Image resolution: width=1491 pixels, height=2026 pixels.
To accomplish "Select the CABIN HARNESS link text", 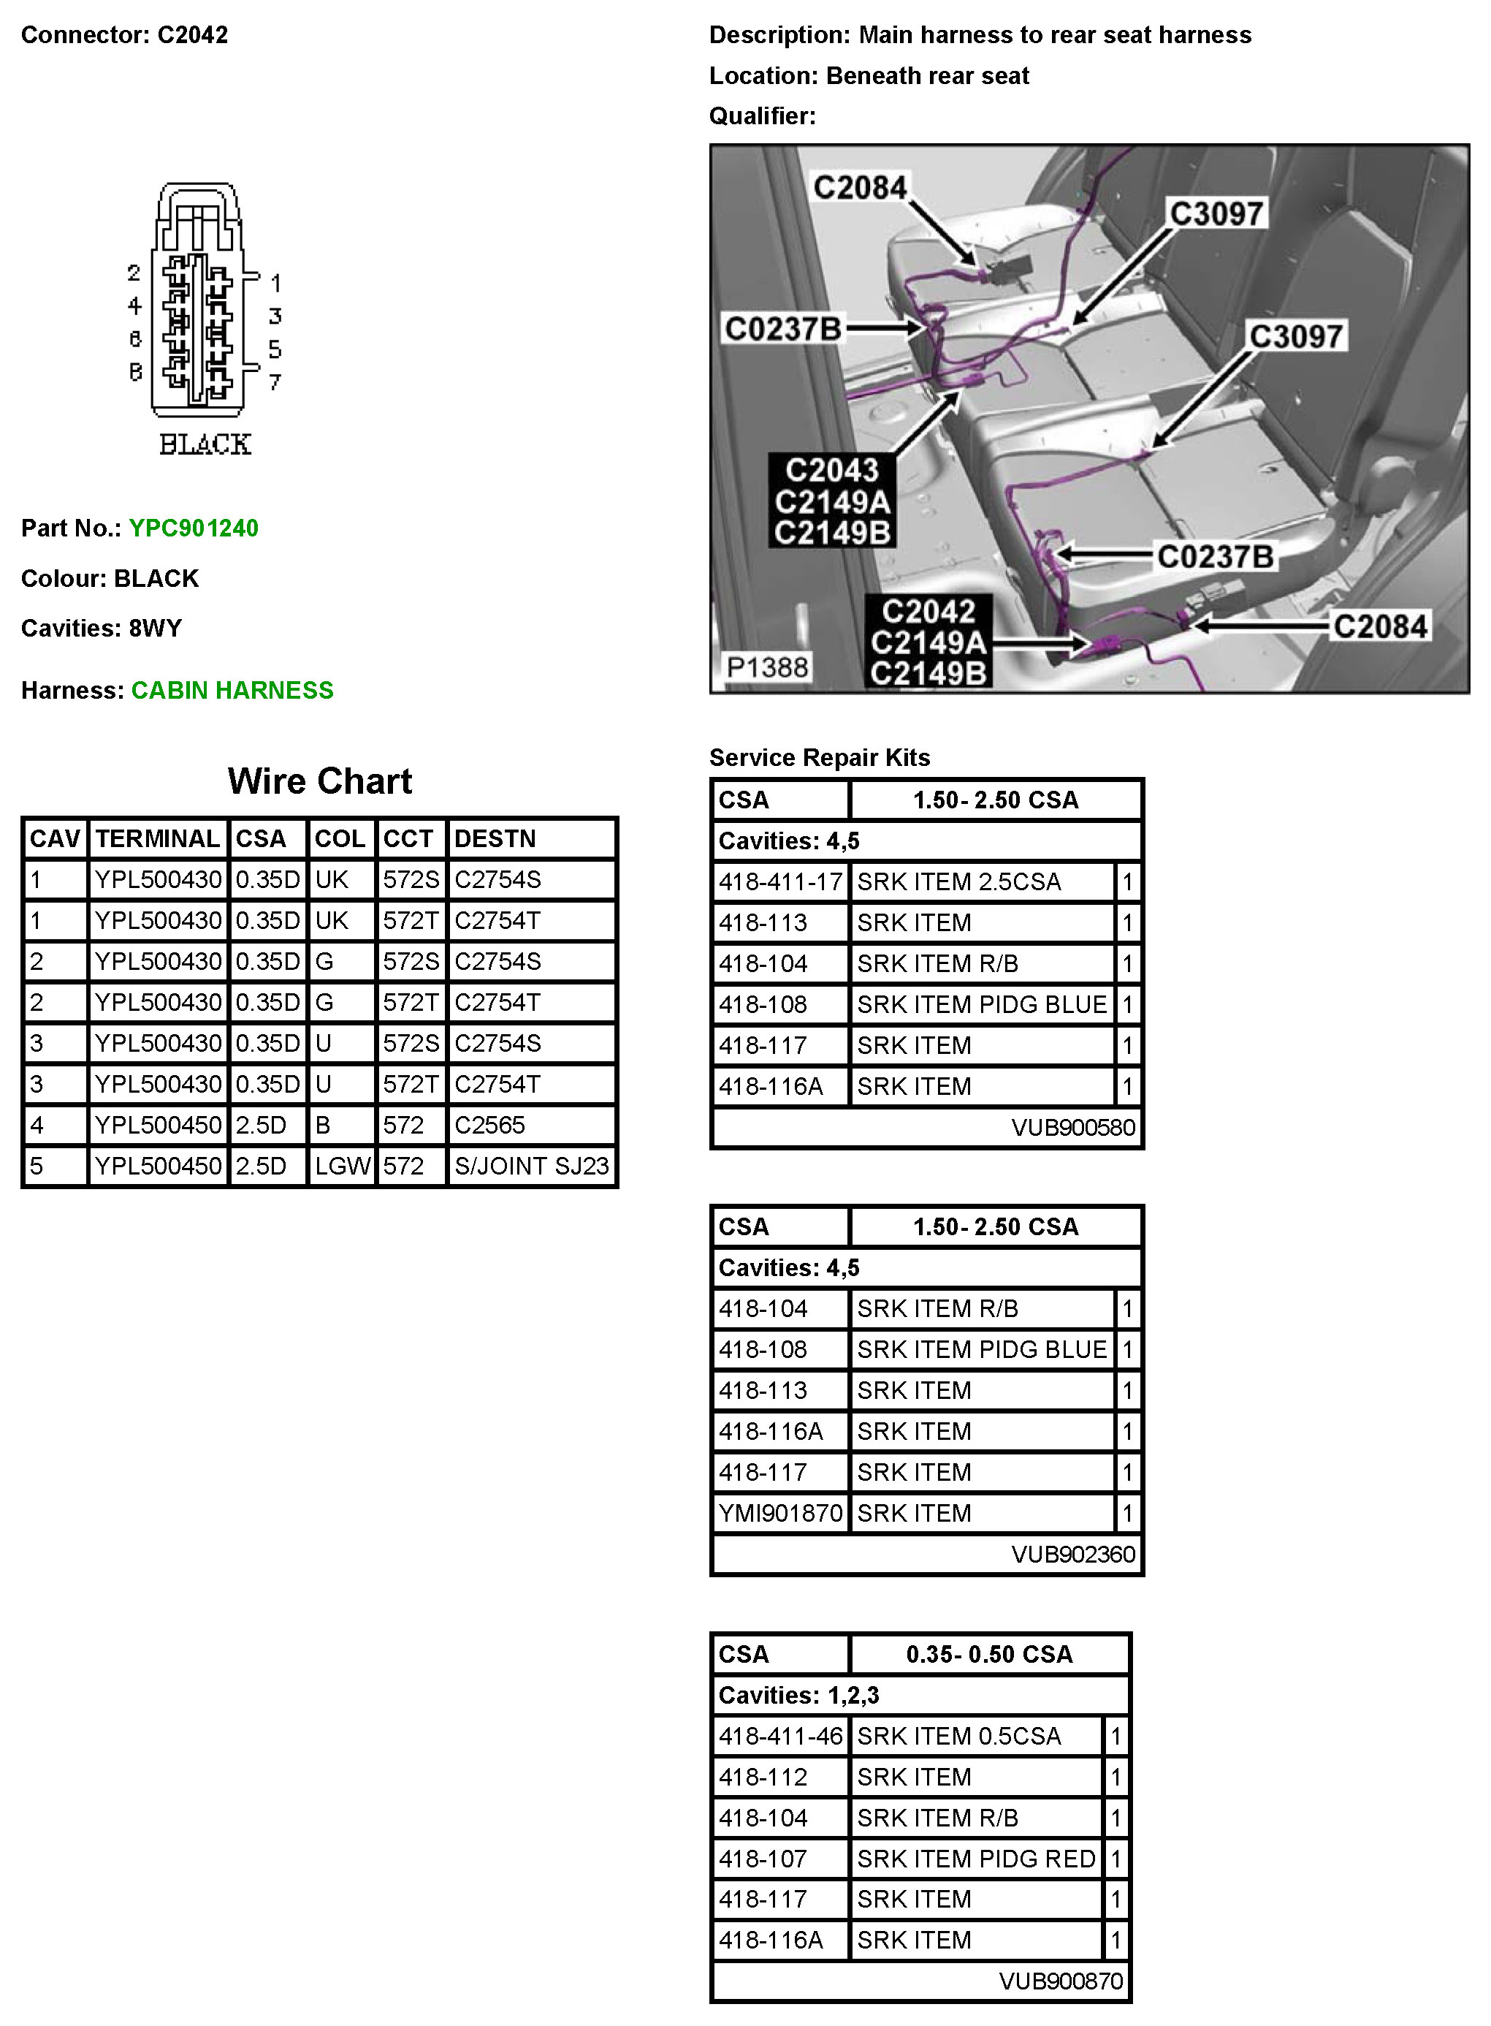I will coord(232,691).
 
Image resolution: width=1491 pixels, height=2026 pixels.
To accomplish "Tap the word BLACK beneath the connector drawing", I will coord(205,444).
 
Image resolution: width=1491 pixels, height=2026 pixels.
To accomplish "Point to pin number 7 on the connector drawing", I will coord(275,383).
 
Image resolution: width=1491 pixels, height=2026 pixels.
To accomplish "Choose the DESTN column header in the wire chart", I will coord(495,839).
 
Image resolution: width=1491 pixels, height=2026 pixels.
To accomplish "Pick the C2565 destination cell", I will coord(489,1125).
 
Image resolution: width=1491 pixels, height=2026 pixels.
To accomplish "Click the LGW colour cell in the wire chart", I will coord(342,1166).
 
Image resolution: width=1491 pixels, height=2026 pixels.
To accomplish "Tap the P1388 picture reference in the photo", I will coord(767,667).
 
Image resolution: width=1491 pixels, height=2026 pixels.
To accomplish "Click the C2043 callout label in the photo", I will coord(831,471).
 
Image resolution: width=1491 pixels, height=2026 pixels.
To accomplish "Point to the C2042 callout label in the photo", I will coord(928,611).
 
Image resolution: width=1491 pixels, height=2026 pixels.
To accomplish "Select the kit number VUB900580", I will coord(1072,1127).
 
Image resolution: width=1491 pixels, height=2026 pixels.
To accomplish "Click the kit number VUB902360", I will coord(1072,1554).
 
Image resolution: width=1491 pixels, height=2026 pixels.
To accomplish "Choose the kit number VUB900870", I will coord(1061,1981).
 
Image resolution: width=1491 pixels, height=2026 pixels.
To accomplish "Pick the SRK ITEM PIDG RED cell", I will coord(976,1859).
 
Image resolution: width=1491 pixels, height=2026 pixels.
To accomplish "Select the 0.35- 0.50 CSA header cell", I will coord(989,1654).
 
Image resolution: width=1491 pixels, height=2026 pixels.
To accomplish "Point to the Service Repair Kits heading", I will coord(820,757).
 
